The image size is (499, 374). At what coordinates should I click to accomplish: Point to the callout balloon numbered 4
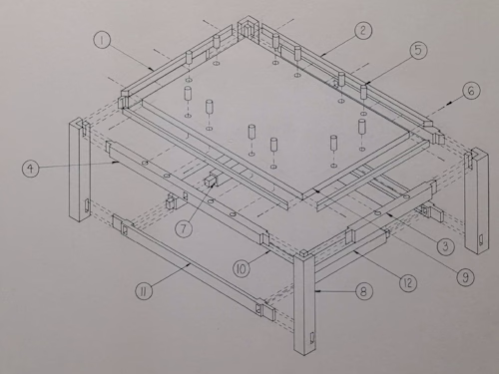pyautogui.click(x=33, y=169)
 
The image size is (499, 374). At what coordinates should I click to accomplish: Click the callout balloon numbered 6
pyautogui.click(x=472, y=93)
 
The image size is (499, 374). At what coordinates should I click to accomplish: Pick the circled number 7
pyautogui.click(x=184, y=228)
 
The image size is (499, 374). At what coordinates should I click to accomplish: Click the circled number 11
pyautogui.click(x=145, y=291)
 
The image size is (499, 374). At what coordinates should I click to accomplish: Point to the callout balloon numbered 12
pyautogui.click(x=406, y=283)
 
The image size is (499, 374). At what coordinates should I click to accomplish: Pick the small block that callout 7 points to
pyautogui.click(x=211, y=182)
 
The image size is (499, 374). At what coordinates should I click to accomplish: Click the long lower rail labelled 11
pyautogui.click(x=190, y=264)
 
